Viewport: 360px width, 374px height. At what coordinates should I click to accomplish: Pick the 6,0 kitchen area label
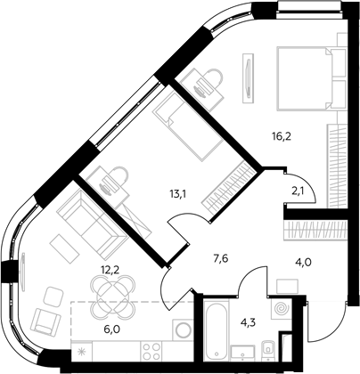click(x=114, y=329)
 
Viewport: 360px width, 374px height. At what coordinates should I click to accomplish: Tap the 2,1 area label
click(x=298, y=190)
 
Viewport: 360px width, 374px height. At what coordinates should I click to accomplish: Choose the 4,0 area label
click(x=303, y=263)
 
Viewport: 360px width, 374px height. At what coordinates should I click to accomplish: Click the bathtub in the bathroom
click(x=217, y=330)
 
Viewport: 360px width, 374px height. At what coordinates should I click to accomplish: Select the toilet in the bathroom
click(x=268, y=350)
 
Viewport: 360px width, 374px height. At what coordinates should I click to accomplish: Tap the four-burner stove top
click(x=151, y=351)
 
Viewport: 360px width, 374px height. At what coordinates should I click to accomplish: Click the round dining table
click(x=112, y=296)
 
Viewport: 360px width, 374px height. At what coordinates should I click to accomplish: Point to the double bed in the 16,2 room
click(x=311, y=78)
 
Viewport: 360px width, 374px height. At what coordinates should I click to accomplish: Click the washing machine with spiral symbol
click(x=281, y=309)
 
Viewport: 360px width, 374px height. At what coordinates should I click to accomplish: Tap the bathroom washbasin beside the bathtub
click(x=243, y=353)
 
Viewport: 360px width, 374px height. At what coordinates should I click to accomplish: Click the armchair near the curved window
click(x=46, y=321)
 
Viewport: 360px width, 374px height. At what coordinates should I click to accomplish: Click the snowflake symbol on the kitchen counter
click(x=81, y=352)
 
